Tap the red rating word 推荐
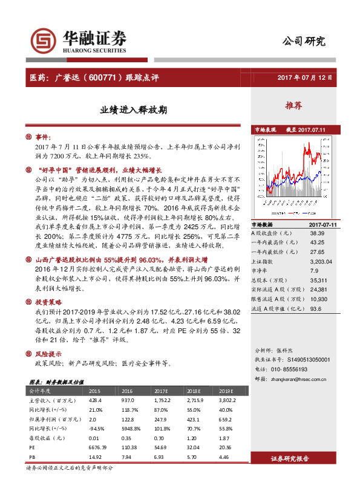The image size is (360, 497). coord(293,106)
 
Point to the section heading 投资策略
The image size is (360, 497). coord(49,300)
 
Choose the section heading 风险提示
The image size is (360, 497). coord(49,354)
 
